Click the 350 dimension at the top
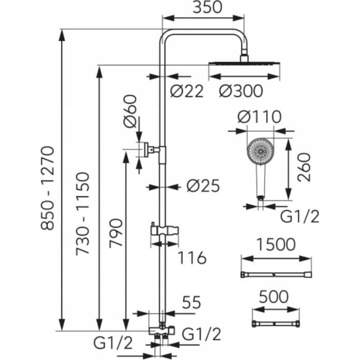pos(207,7)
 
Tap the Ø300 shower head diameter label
pos(241,91)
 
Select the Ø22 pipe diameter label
pos(187,91)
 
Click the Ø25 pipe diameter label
pos(203,185)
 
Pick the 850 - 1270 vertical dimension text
pos(48,188)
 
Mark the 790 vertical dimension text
pos(116,233)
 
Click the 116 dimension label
pos(193,257)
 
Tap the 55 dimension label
pos(192,302)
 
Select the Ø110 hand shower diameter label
pos(260,117)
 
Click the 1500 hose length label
pos(276,244)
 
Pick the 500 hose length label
pos(274,297)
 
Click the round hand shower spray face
pos(261,152)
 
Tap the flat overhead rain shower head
pos(244,63)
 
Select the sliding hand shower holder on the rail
pos(164,230)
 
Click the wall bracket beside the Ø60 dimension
pos(152,149)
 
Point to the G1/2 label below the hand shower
pos(300,216)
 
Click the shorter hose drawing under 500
pos(276,324)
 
